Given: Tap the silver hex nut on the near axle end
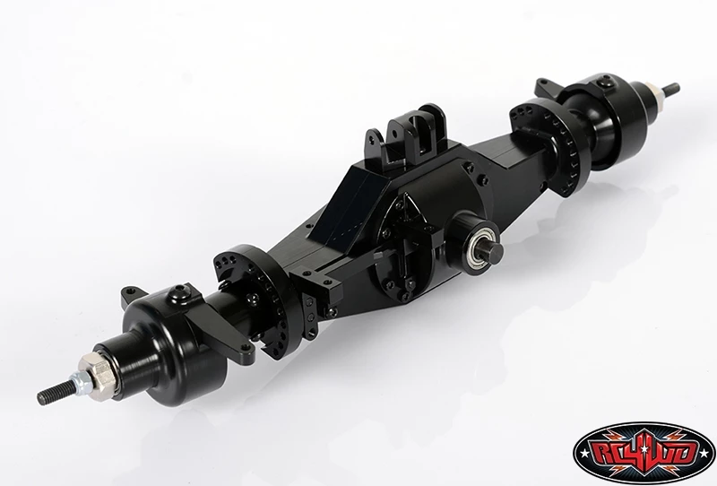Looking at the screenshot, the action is pyautogui.click(x=93, y=369).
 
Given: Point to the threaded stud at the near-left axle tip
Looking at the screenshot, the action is pyautogui.click(x=57, y=388).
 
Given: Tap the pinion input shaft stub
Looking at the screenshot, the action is pyautogui.click(x=492, y=250).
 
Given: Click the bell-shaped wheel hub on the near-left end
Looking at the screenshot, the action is pyautogui.click(x=170, y=346).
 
